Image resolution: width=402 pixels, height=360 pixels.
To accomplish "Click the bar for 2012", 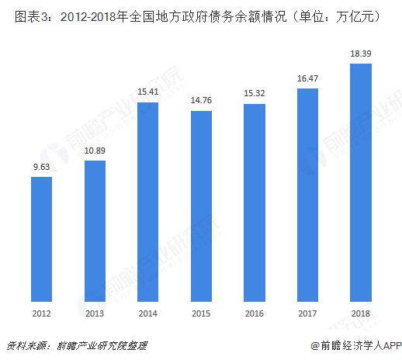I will (41, 238).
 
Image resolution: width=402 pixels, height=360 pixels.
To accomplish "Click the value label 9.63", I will (41, 167).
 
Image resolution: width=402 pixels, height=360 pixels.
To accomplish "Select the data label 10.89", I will (95, 151).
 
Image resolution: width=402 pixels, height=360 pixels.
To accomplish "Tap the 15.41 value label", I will (147, 92).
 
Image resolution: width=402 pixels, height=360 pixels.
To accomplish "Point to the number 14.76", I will (201, 101).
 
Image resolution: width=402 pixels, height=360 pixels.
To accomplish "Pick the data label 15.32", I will (255, 94).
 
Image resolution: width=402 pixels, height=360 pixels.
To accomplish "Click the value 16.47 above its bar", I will (307, 78).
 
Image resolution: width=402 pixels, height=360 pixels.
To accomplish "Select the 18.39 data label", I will (361, 54).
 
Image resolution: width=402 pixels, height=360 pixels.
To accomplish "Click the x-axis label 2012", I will (41, 313).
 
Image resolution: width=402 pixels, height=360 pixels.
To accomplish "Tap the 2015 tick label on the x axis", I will (201, 313).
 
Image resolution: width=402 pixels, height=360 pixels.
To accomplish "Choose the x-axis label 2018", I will (361, 313).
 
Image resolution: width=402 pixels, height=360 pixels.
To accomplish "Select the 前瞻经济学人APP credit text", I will (355, 345).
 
